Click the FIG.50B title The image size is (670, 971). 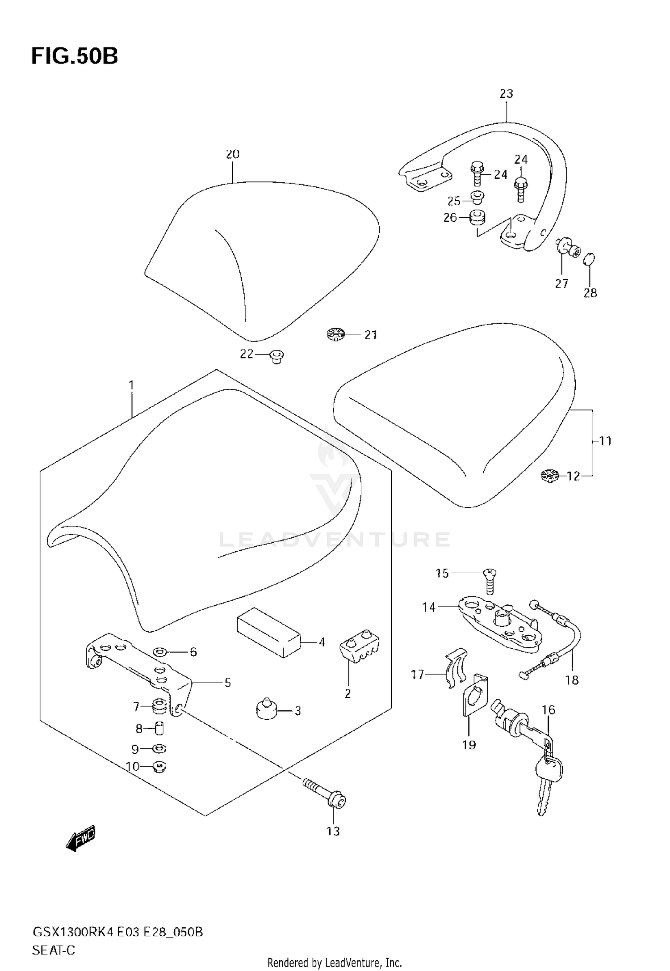75,57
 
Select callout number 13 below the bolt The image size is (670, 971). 333,831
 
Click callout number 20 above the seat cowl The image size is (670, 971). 233,154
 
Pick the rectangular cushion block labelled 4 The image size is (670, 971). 268,632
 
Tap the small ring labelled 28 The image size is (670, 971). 590,259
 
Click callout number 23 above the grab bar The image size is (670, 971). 507,94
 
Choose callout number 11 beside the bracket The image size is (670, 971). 605,441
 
